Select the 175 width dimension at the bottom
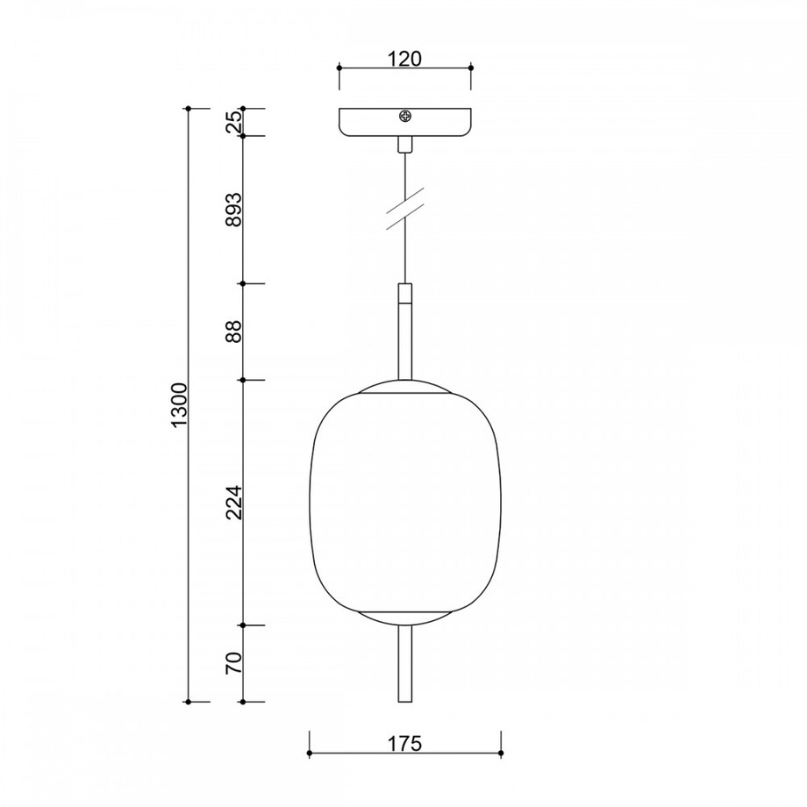tap(404, 743)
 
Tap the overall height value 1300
tap(179, 405)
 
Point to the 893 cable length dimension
tap(233, 210)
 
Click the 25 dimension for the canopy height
tap(233, 123)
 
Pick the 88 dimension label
tap(233, 332)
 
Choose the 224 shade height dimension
tap(233, 503)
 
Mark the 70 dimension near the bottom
tap(233, 664)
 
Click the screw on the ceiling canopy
tap(405, 116)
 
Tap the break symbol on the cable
tap(405, 211)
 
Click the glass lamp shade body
tap(405, 500)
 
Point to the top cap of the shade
tap(405, 386)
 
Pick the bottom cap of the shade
tap(405, 615)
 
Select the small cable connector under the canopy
tap(405, 145)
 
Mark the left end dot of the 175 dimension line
tap(309, 753)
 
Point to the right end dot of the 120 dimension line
tap(471, 67)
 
